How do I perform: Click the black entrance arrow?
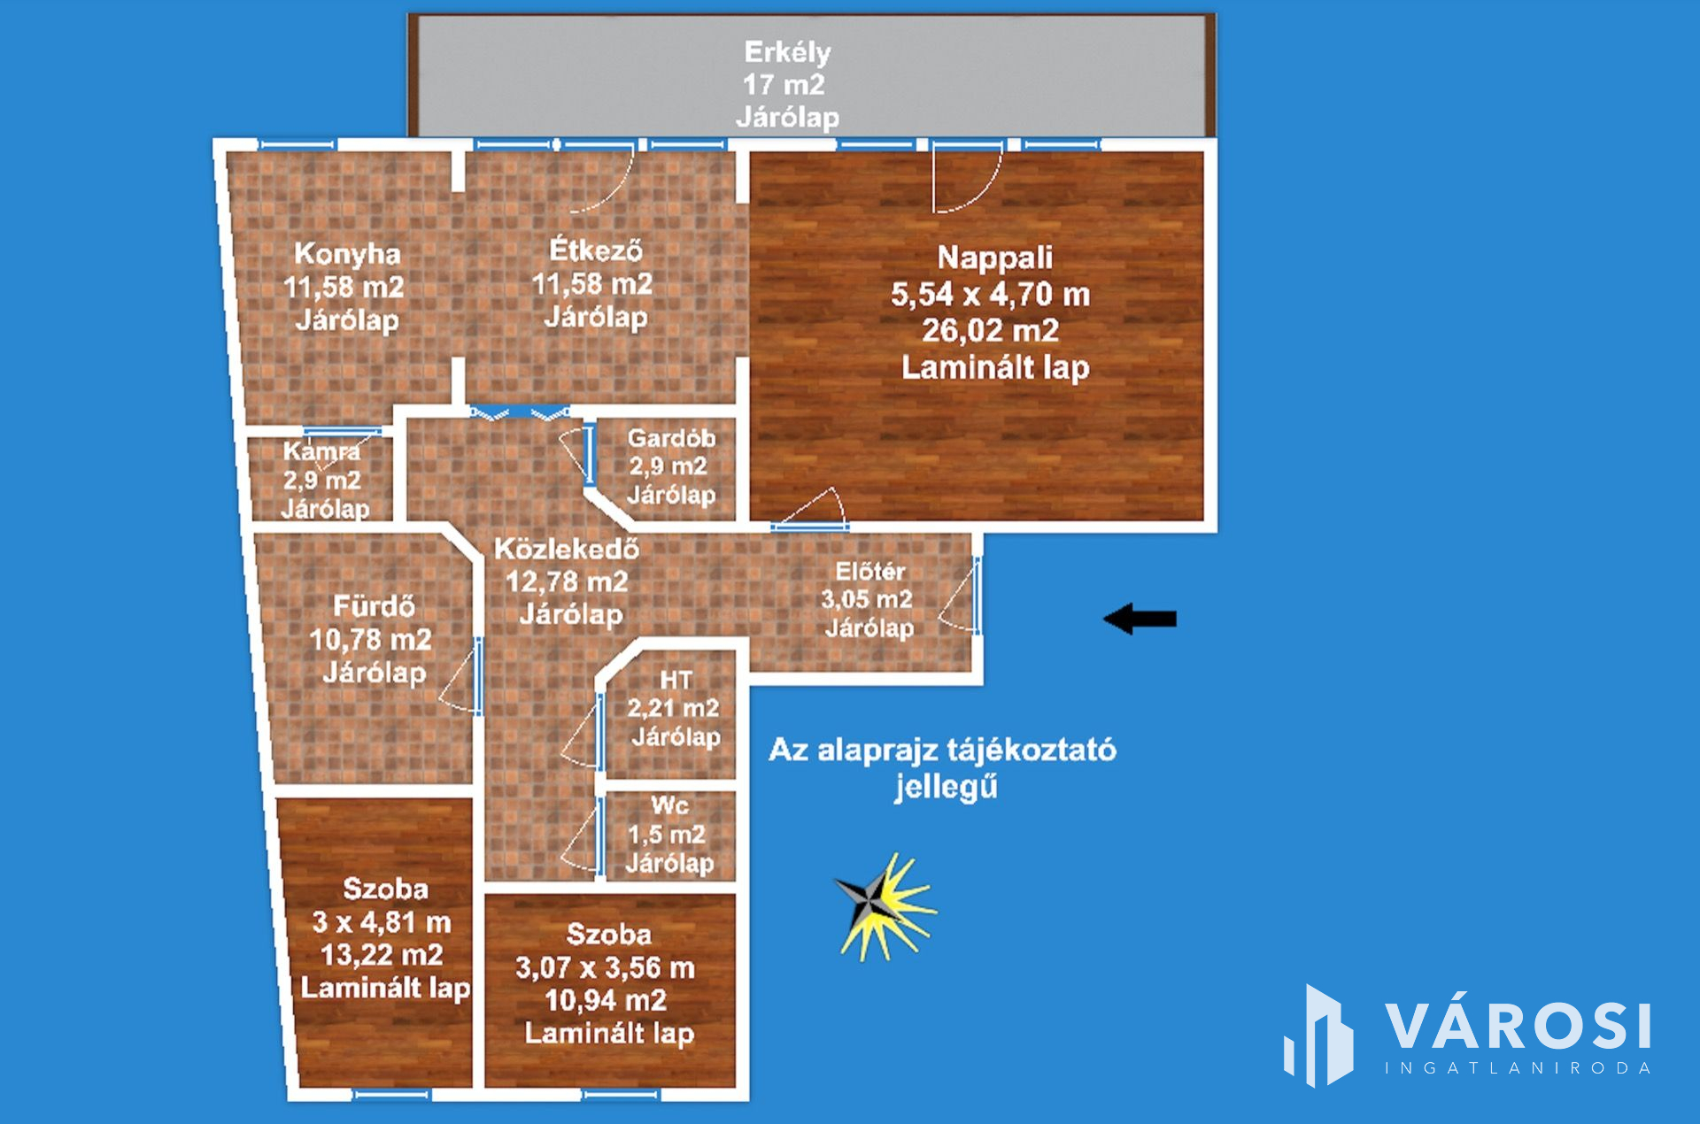[x=1140, y=619]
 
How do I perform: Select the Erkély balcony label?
[x=787, y=52]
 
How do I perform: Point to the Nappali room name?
[x=995, y=258]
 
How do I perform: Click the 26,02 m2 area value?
[x=991, y=330]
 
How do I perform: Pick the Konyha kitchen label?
[x=347, y=254]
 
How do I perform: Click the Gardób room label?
[x=671, y=438]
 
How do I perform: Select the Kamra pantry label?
[x=321, y=451]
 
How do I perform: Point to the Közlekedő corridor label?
[x=567, y=549]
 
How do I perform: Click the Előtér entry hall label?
[x=870, y=572]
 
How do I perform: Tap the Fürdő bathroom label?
[x=374, y=606]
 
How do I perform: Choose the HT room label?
[x=676, y=680]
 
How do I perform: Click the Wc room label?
[x=669, y=805]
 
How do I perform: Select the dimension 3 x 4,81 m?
[x=382, y=922]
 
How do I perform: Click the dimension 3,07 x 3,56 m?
[x=606, y=967]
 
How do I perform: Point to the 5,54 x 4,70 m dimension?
[x=991, y=294]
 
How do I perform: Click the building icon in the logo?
[x=1318, y=1035]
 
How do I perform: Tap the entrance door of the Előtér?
[x=977, y=596]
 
